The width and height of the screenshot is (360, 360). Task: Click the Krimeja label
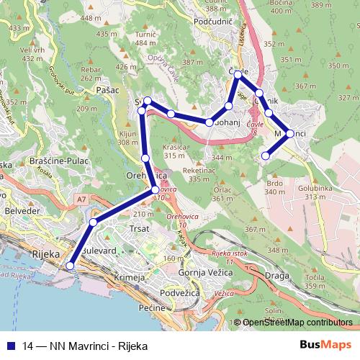131,277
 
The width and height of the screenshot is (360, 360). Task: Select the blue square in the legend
9,346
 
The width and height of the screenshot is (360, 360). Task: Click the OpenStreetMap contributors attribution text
298,323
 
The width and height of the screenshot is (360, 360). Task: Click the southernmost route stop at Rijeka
71,266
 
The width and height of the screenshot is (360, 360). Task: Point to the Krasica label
175,146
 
